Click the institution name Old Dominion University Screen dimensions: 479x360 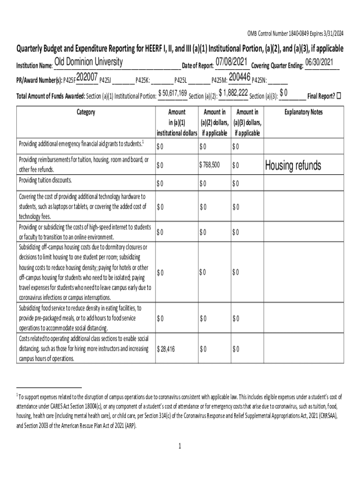88,62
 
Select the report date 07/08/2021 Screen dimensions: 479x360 231,62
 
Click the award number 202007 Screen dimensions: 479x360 86,77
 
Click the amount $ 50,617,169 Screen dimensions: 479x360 173,93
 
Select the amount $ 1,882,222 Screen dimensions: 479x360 233,93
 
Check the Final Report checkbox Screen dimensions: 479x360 339,96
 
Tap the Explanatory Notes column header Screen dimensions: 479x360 303,112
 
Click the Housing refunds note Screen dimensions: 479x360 293,166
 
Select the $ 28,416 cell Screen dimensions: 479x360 166,349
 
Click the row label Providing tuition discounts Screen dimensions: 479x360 45,181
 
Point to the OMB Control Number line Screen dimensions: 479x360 295,33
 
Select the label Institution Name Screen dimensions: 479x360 34,65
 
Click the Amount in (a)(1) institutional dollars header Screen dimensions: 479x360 176,123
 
